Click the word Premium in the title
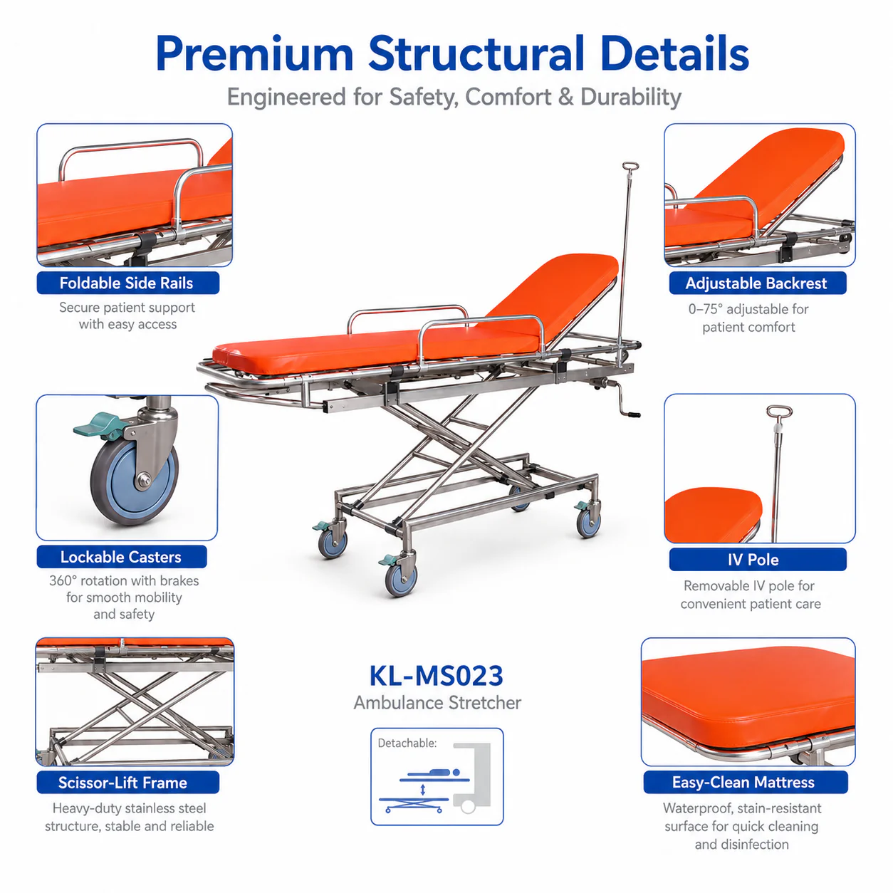coord(254,55)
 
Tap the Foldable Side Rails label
coord(127,283)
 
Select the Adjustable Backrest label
coord(757,283)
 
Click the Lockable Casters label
coord(121,557)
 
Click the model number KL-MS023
coord(436,676)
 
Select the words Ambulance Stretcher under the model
coord(437,703)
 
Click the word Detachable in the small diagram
coord(407,743)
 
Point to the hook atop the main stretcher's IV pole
coord(630,166)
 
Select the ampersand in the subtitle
coord(565,98)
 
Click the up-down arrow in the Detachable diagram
coord(422,789)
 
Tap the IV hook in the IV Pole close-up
coord(779,411)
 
